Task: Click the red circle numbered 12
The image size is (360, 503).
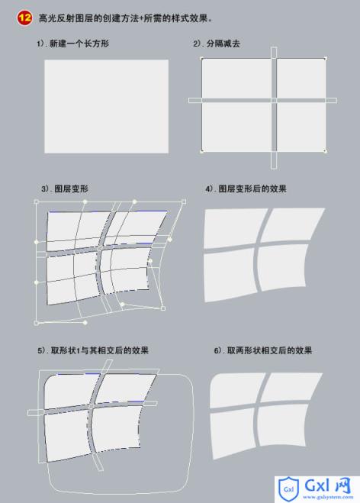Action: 24,18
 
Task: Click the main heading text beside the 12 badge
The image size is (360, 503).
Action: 125,18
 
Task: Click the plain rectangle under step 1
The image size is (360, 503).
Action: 107,106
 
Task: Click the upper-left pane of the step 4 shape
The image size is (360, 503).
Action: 233,228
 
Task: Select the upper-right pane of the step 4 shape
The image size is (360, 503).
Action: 291,224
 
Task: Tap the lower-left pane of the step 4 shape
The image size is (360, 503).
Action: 230,275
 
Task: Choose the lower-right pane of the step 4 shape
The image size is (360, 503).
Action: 281,267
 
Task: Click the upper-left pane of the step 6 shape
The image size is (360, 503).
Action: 236,390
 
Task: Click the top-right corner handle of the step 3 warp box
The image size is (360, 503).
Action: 184,202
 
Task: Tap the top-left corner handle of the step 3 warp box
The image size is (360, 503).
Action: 36,202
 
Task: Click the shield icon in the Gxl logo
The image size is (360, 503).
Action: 288,489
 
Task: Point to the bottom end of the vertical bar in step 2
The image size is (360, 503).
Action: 274,169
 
